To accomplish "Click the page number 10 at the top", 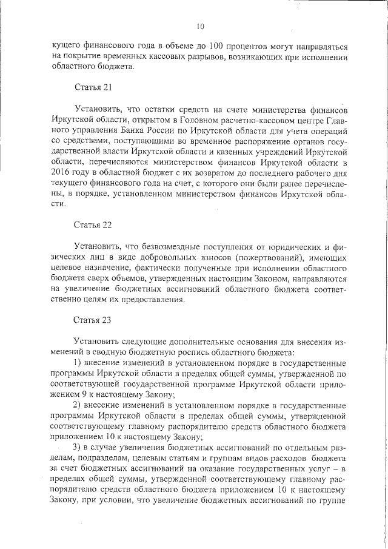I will [201, 26].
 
